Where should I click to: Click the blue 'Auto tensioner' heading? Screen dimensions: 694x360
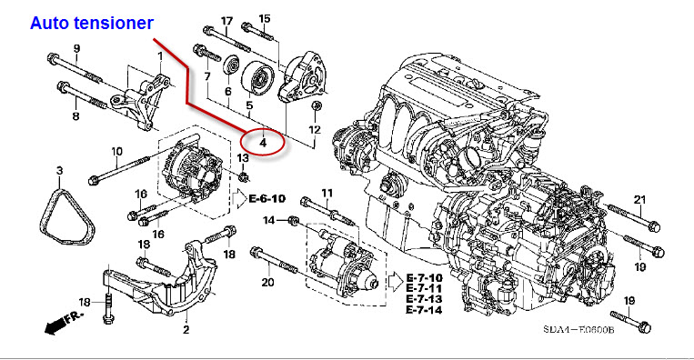tap(92, 23)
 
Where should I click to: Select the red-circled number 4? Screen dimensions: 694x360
tap(263, 143)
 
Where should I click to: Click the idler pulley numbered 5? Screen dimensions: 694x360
tap(257, 79)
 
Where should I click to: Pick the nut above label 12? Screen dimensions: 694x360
tap(316, 106)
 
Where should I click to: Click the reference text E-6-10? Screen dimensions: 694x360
tap(267, 198)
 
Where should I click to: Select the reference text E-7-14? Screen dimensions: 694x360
tap(424, 310)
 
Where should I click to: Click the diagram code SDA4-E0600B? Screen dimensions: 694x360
tap(578, 329)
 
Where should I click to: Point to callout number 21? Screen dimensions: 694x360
tap(640, 200)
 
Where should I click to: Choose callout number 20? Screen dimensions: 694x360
tap(267, 282)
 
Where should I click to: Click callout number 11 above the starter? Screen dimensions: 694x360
tap(327, 193)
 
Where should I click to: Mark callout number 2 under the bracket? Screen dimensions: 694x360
tap(186, 329)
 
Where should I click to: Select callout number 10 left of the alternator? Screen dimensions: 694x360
tap(116, 152)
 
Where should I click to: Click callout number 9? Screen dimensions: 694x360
tap(76, 48)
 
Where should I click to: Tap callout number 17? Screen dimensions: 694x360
tap(226, 21)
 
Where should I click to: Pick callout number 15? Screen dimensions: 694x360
tap(265, 18)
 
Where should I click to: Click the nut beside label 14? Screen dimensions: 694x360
tap(294, 220)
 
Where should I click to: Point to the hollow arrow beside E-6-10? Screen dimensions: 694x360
tap(239, 199)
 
